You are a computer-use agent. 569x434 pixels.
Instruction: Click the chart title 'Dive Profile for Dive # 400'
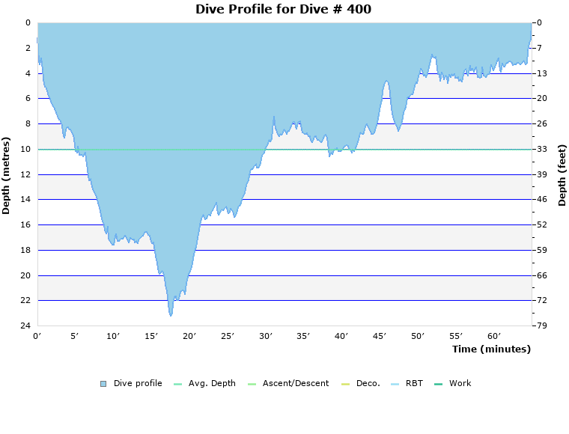click(283, 9)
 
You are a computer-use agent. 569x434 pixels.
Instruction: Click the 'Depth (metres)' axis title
click(7, 175)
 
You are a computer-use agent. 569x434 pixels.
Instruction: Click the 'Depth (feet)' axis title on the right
click(562, 175)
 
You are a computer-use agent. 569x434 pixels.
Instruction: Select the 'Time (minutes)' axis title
click(491, 349)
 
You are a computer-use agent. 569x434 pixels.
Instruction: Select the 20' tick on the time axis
click(189, 336)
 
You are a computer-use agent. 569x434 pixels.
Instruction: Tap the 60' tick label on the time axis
click(494, 336)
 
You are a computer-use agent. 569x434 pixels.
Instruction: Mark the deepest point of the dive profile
click(171, 316)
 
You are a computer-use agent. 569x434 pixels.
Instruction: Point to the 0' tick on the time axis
click(37, 336)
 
